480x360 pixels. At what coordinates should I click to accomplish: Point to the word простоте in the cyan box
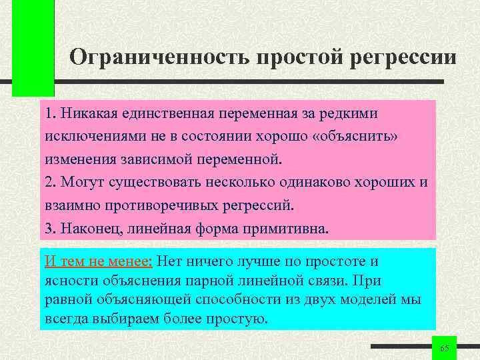[332, 261]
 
